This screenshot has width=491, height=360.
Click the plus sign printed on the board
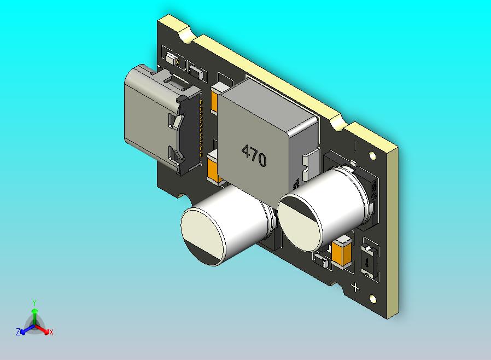pos(355,287)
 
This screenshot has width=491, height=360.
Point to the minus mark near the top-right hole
pos(355,146)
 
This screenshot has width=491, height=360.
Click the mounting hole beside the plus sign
pos(373,299)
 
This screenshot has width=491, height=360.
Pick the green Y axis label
pos(34,302)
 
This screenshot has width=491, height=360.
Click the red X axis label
pos(51,332)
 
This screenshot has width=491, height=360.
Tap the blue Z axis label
pos(18,332)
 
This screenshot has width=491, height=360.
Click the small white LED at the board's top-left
pos(171,58)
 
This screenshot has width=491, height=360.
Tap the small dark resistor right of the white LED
pos(196,71)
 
